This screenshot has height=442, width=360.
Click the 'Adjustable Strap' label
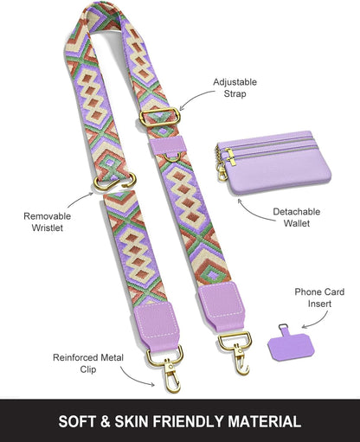coord(235,88)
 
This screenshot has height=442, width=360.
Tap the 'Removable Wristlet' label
coord(48,221)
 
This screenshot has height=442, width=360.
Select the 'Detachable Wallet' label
coord(297,217)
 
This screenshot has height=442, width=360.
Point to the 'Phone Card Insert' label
coord(319,298)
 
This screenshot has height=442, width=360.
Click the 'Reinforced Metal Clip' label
coord(88,363)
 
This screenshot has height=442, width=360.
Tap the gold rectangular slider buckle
coord(160,118)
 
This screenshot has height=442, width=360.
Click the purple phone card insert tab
coord(291,343)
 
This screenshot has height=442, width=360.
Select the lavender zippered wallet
coord(274,163)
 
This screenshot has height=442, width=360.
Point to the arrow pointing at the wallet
coord(254,214)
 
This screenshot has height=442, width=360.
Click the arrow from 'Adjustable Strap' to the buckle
coord(195,98)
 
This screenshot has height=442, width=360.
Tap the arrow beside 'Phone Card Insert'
coord(318,323)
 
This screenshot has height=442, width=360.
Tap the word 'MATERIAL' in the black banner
coord(265,421)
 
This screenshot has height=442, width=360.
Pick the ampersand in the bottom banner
coord(106,421)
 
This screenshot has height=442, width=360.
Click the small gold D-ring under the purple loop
coord(172,157)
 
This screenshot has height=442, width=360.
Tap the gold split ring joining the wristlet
coord(115,182)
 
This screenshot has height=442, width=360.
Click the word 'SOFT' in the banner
coord(77,421)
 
